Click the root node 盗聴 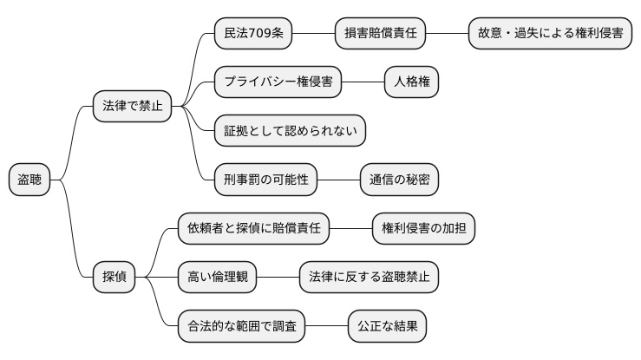click(29, 180)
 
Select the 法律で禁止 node click(132, 107)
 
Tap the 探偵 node click(114, 278)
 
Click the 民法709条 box click(253, 34)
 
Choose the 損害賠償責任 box click(381, 34)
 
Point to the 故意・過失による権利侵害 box click(549, 34)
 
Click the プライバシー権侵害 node click(278, 82)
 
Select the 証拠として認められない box click(290, 131)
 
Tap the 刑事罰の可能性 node click(265, 180)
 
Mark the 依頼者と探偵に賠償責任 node click(253, 229)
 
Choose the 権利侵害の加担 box click(423, 229)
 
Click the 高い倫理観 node click(217, 278)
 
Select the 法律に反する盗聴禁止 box click(369, 278)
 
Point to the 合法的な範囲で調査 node click(241, 327)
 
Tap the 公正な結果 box click(387, 327)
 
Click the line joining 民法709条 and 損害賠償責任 click(314, 34)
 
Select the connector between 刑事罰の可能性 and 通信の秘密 click(339, 180)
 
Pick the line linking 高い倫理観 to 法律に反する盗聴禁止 click(278, 278)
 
